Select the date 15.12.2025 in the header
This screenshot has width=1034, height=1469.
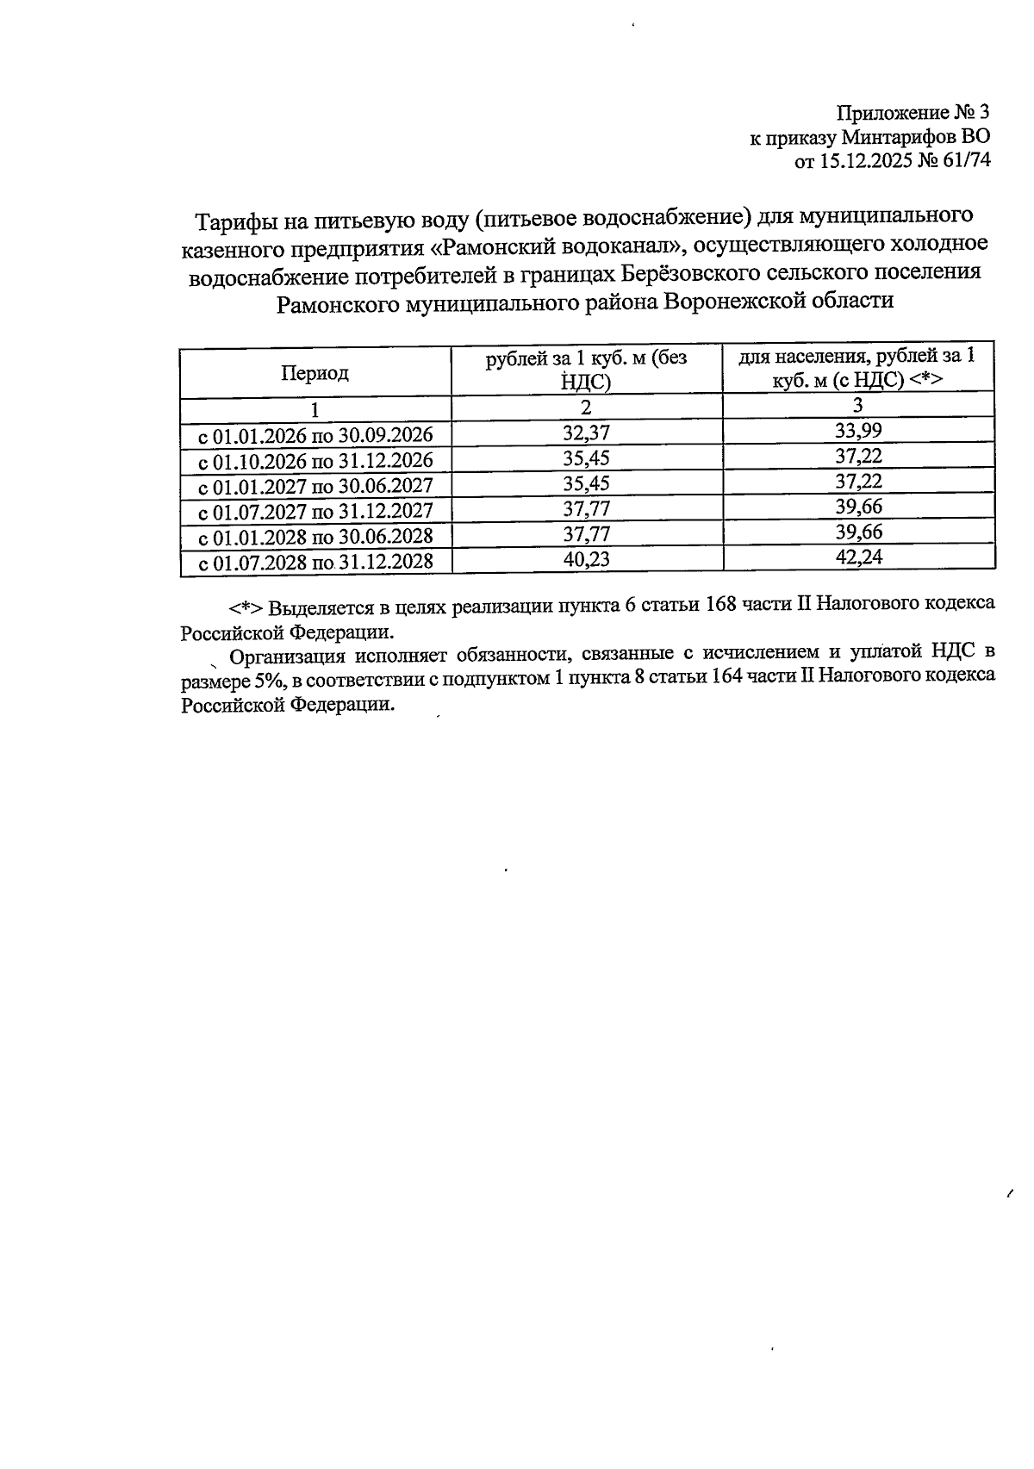point(859,161)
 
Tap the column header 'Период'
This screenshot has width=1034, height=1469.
point(315,373)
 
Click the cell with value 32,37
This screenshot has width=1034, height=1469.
point(586,432)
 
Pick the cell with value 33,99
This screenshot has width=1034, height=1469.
point(858,431)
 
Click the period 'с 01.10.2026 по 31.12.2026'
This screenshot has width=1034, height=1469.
point(315,459)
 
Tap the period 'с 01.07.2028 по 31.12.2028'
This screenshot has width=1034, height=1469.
point(315,563)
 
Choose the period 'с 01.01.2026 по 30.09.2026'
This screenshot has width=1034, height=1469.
point(315,434)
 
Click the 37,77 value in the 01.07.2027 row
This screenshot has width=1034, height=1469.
point(586,508)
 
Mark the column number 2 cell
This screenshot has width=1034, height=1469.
point(586,407)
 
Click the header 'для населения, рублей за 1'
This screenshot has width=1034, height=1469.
point(858,357)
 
